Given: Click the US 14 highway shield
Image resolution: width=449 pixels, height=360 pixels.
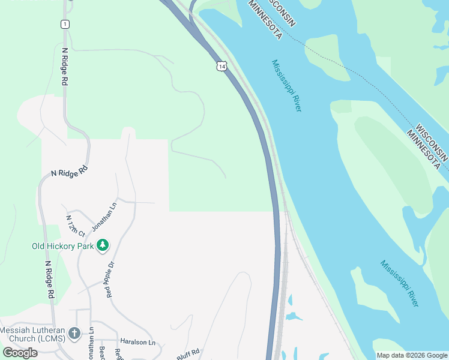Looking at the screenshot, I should click(222, 67).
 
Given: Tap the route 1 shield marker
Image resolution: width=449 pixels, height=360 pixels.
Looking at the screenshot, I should click(65, 24).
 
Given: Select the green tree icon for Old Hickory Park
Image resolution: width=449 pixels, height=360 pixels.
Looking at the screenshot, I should click(103, 245).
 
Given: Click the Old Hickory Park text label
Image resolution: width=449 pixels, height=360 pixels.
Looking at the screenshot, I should click(63, 246).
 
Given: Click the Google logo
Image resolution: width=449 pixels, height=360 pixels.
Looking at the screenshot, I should click(20, 352).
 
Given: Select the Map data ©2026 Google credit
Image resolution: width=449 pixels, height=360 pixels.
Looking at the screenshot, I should click(412, 355).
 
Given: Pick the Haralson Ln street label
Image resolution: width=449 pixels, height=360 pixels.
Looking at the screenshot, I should click(137, 342).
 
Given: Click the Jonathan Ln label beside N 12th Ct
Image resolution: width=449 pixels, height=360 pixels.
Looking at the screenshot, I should click(104, 217).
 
